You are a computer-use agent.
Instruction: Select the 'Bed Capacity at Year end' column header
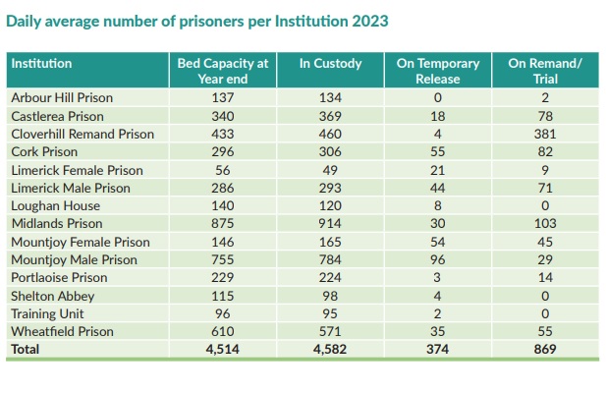[x=222, y=71]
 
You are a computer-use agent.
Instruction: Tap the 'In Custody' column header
[x=330, y=64]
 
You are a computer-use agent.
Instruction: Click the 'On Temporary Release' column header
[x=437, y=71]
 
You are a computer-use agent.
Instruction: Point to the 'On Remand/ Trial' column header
[x=544, y=71]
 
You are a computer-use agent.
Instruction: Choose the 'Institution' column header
[x=41, y=64]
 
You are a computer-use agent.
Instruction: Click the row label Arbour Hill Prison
[x=61, y=97]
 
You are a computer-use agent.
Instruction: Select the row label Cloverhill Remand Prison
[x=83, y=134]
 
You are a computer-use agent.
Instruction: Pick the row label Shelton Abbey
[x=53, y=296]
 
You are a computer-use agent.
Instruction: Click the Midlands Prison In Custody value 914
[x=330, y=224]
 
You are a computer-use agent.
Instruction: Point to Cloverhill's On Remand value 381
[x=544, y=134]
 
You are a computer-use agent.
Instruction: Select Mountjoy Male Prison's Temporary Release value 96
[x=437, y=260]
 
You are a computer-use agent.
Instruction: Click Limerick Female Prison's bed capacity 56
[x=222, y=170]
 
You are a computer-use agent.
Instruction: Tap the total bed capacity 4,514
[x=222, y=350]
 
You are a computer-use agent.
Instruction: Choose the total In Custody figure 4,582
[x=330, y=350]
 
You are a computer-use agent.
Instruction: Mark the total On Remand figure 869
[x=544, y=350]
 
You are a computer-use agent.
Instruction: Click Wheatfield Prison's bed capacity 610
[x=222, y=332]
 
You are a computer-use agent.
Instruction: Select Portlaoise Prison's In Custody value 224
[x=330, y=278]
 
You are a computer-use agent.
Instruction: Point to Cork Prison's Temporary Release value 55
[x=437, y=152]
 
